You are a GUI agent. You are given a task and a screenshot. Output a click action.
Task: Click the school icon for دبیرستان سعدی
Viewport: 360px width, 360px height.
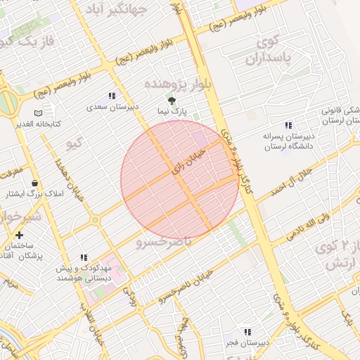pyautogui.click(x=112, y=96)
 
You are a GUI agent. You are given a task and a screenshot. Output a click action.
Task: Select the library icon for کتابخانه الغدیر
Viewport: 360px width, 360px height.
pyautogui.click(x=38, y=112)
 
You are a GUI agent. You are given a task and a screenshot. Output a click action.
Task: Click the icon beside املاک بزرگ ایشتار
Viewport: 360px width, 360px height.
pyautogui.click(x=35, y=183)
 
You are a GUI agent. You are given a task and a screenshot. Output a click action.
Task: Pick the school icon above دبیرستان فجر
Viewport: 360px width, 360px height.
pyautogui.click(x=246, y=331)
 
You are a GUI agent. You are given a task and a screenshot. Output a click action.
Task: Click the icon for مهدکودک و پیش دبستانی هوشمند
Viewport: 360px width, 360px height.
pyautogui.click(x=84, y=258)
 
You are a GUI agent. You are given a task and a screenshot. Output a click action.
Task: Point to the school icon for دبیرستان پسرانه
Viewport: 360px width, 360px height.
pyautogui.click(x=288, y=125)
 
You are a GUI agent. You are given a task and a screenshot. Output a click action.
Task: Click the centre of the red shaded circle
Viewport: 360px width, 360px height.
pyautogui.click(x=179, y=179)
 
